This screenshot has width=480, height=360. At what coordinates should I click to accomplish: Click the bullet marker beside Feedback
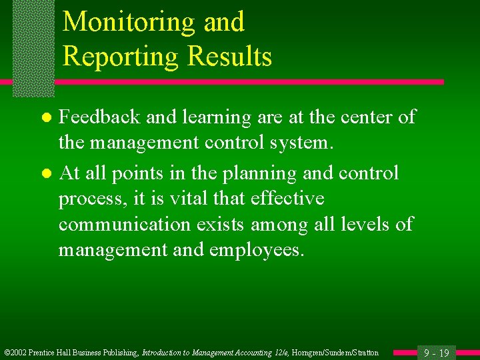pos(45,118)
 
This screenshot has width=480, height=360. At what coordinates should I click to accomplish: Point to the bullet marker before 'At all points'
pos(45,174)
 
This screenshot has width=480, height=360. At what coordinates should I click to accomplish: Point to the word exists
pos(221,225)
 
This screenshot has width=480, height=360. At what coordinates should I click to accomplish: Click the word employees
pos(257,250)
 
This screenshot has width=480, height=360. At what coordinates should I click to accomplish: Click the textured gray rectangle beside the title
pos(33,47)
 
